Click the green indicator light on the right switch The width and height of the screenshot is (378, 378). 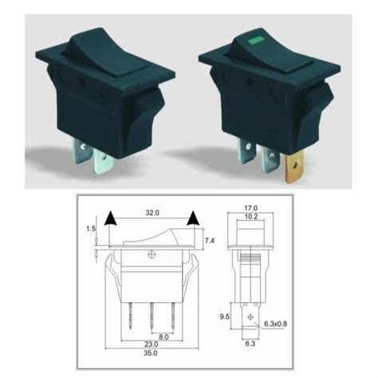click(x=258, y=37)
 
